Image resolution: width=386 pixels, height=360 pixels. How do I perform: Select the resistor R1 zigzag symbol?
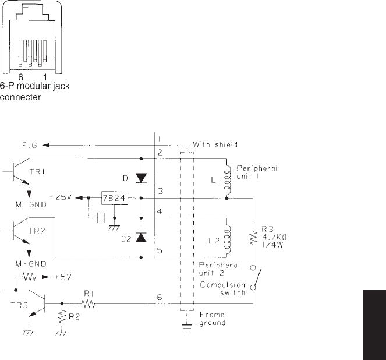coord(88,303)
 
